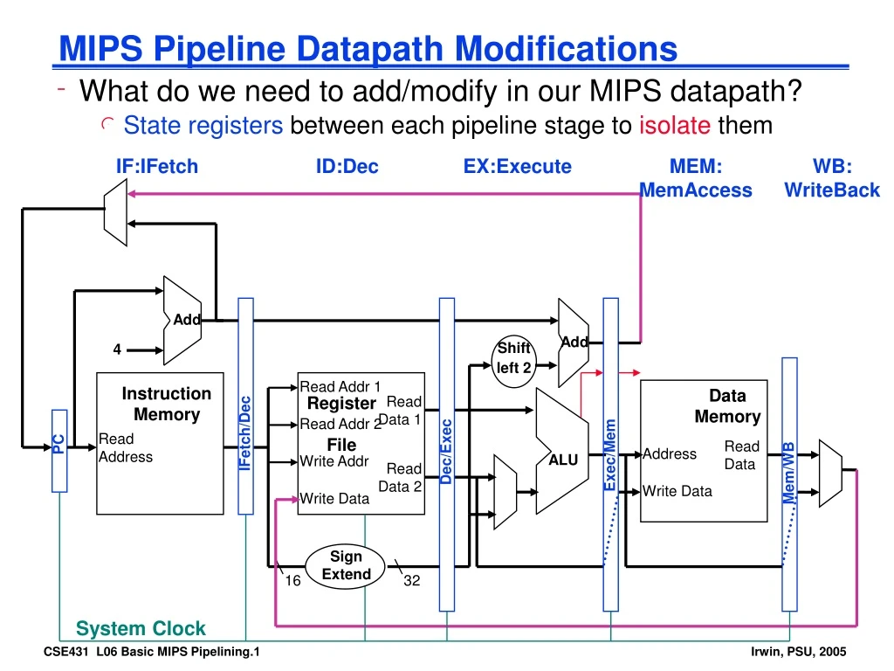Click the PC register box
tap(59, 449)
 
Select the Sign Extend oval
tap(347, 565)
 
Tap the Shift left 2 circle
tap(514, 357)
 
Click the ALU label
tap(563, 460)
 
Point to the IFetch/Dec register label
tap(246, 433)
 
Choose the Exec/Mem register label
tap(611, 455)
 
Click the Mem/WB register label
tap(789, 473)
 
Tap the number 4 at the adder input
tap(117, 349)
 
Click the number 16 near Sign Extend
tap(293, 580)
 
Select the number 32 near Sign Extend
tap(412, 580)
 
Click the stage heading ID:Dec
tap(347, 166)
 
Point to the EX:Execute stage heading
tap(518, 166)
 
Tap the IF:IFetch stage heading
tap(157, 166)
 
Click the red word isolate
tap(675, 126)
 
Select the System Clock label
tap(141, 628)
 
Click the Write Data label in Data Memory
tap(677, 491)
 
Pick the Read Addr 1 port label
tap(340, 386)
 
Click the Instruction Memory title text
tap(167, 404)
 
